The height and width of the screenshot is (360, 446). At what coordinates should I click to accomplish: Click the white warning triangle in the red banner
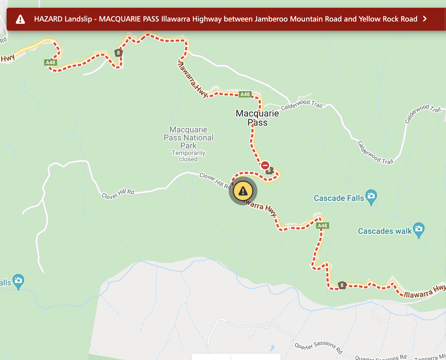pos(20,19)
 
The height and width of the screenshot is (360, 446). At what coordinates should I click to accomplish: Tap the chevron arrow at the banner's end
pos(425,19)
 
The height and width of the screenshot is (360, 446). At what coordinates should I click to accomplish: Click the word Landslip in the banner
pos(78,19)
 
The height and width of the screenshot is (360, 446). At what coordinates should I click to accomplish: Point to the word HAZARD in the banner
pos(48,19)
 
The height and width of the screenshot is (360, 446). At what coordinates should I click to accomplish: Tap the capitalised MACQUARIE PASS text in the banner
pos(129,19)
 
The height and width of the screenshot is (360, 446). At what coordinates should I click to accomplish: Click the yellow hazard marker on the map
pos(243,191)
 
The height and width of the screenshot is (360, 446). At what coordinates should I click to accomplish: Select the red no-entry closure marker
pos(265,165)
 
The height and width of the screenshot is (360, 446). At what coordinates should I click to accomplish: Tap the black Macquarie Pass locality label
pos(257,118)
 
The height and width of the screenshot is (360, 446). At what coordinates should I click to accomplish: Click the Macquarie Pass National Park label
pos(189,138)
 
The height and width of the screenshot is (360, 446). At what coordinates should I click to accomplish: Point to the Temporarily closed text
pos(189,156)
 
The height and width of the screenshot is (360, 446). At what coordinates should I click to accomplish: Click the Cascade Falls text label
pos(339,198)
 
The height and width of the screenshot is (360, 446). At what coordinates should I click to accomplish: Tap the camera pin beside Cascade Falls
pos(371,196)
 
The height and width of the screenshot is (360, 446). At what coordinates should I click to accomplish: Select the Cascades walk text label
pos(385,231)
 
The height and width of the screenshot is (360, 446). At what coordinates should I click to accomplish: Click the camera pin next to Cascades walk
pos(419,229)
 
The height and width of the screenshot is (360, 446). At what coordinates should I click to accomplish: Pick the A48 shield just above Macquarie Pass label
pos(245,94)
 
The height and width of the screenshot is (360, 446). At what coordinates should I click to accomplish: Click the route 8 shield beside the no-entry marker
pos(269,171)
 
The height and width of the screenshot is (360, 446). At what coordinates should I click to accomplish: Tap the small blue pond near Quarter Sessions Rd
pos(272,348)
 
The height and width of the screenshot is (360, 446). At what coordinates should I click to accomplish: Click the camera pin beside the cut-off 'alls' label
pos(18,281)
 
